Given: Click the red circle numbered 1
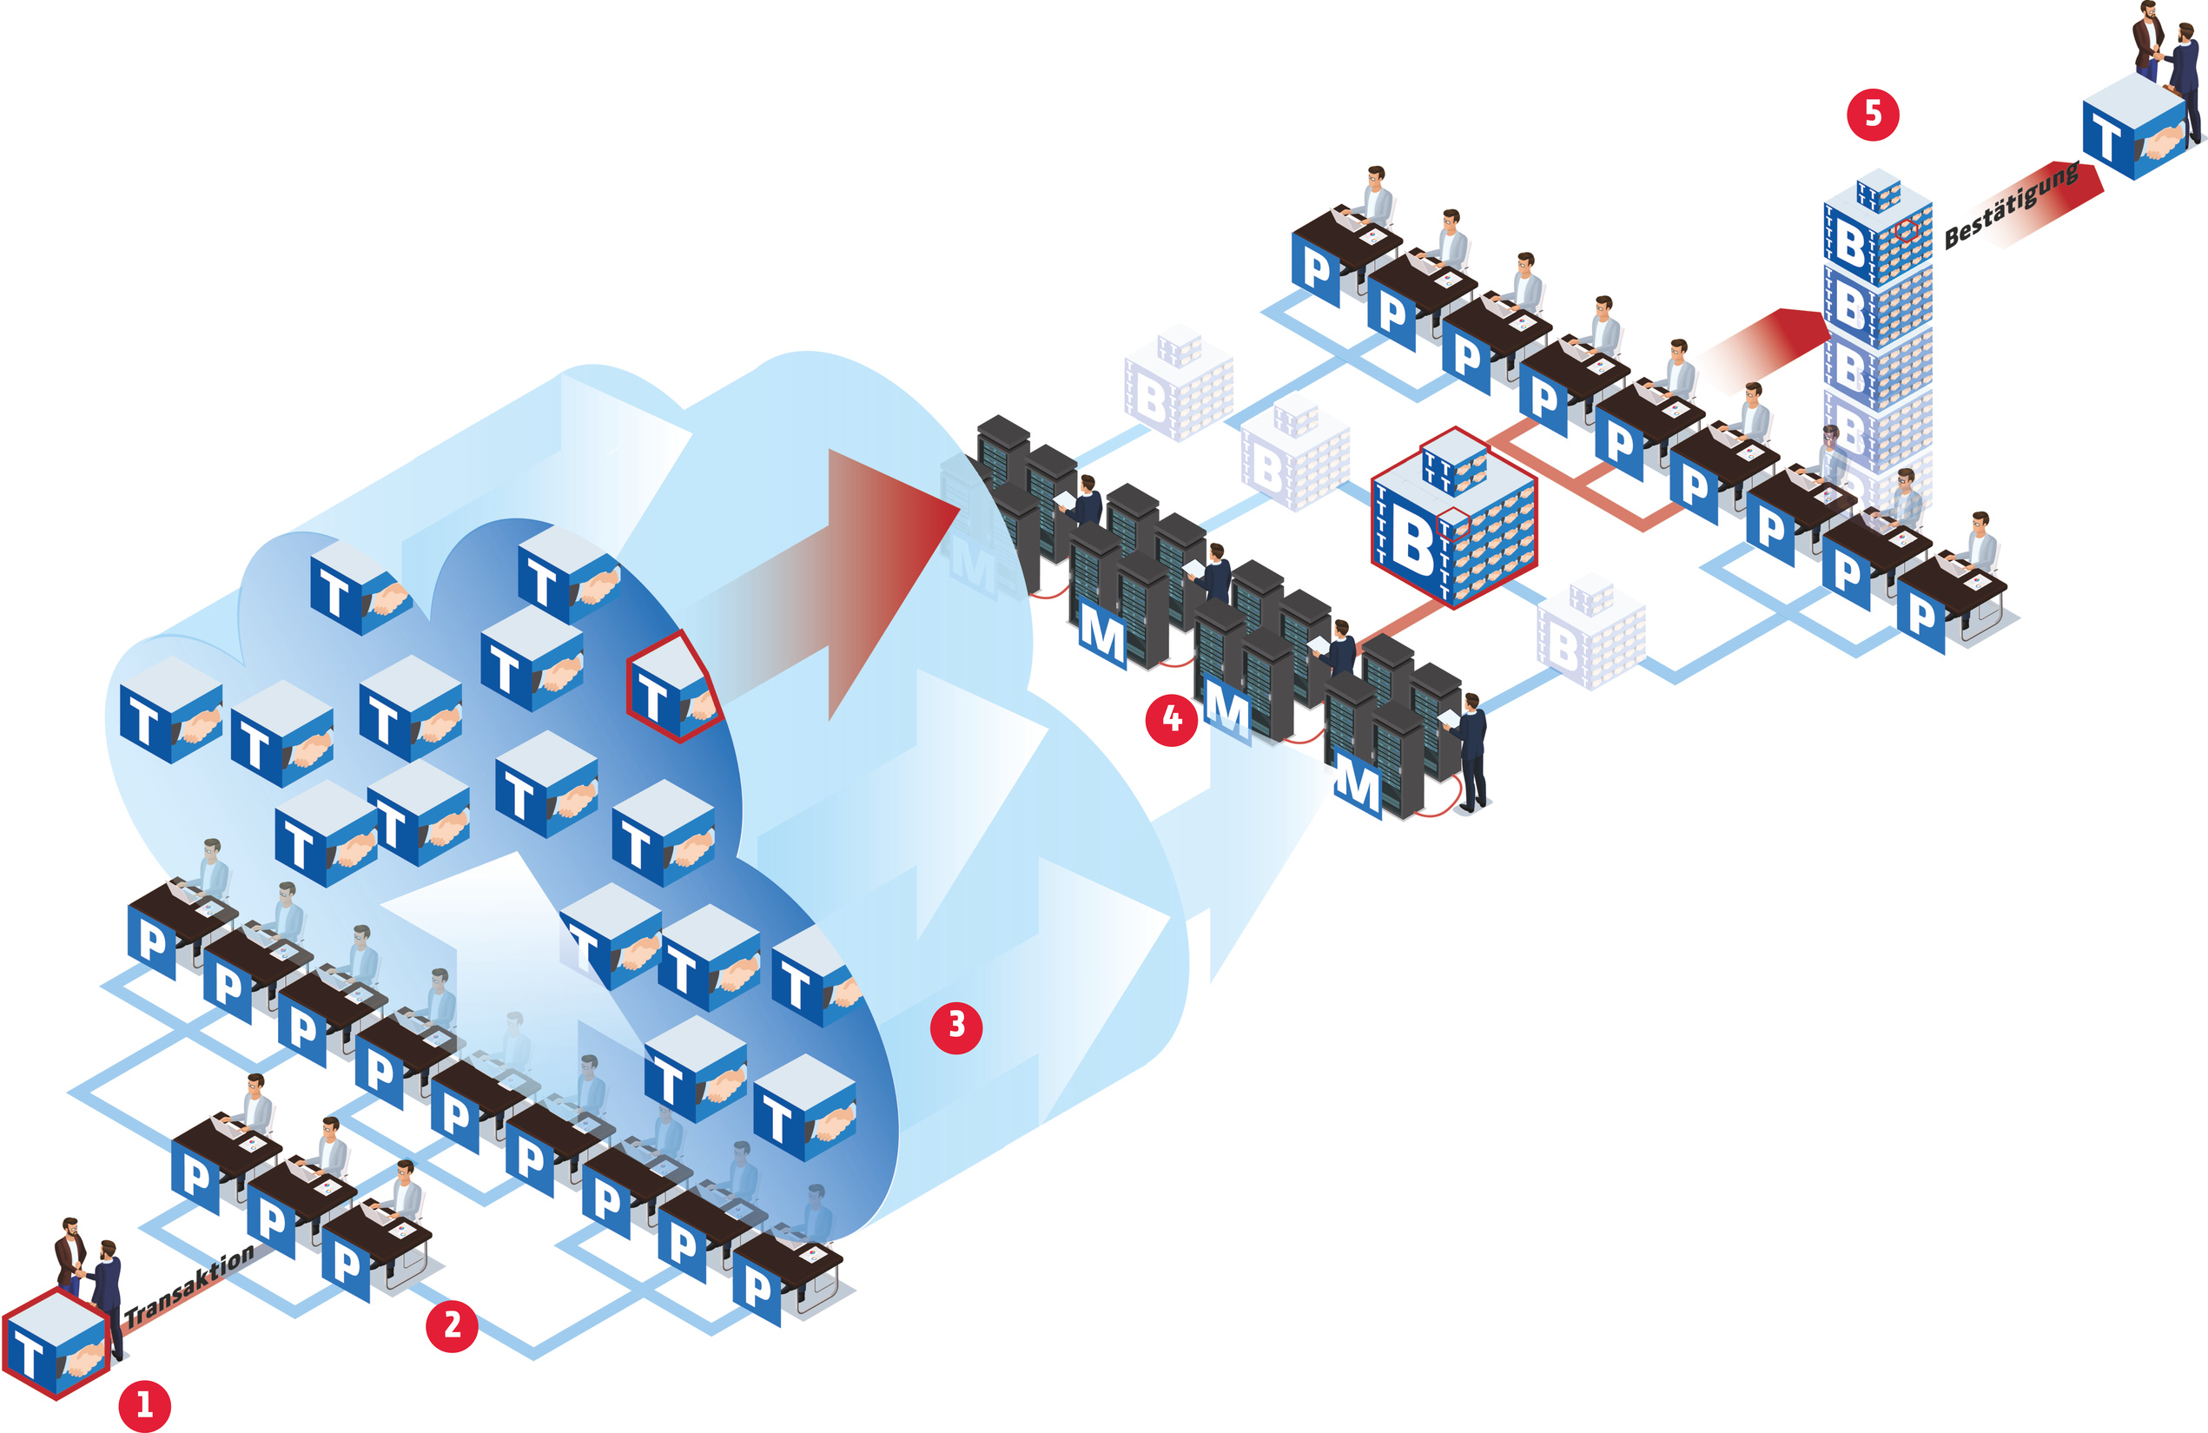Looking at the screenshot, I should coord(145,1406).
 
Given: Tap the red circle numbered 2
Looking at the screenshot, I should coord(452,1325).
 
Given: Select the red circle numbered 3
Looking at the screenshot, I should coord(955,1027).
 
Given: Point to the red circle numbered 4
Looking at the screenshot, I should coord(1172,720).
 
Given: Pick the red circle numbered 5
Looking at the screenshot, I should coord(1872,115).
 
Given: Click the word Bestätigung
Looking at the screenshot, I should coord(2011,206).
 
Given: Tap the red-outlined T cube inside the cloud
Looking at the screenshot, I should coord(672,687).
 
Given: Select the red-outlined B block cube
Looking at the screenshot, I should coord(1453,519).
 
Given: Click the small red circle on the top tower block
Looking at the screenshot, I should coord(1906,231).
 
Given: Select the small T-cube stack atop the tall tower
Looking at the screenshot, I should coord(1878,189).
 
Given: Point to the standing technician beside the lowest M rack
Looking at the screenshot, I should coord(1470,751).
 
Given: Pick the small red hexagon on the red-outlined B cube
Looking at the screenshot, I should coord(1453,524).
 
